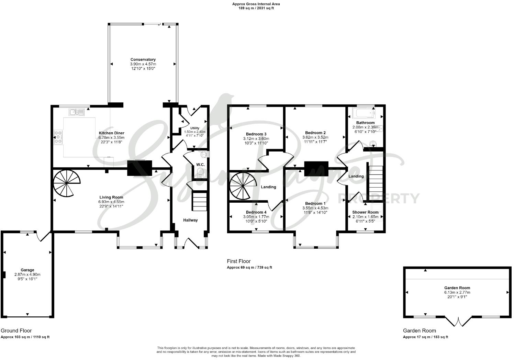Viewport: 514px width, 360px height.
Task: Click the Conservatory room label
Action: point(143,59)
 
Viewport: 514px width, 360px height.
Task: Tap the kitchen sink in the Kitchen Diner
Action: point(77,112)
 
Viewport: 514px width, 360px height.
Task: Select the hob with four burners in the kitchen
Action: point(58,137)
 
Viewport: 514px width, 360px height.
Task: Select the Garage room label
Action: point(27,270)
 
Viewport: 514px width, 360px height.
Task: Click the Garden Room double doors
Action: point(458,322)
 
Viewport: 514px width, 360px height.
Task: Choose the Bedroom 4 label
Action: point(256,212)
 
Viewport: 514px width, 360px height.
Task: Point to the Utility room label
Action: point(194,128)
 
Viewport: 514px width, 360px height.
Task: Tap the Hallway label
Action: point(190,220)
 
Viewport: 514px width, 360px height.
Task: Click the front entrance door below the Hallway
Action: point(191,243)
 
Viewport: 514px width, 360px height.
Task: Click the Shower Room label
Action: point(365,212)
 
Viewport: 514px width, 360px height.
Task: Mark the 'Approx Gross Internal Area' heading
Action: point(256,4)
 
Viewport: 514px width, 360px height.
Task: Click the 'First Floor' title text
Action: point(239,261)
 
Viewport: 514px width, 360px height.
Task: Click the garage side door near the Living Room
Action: point(43,236)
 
